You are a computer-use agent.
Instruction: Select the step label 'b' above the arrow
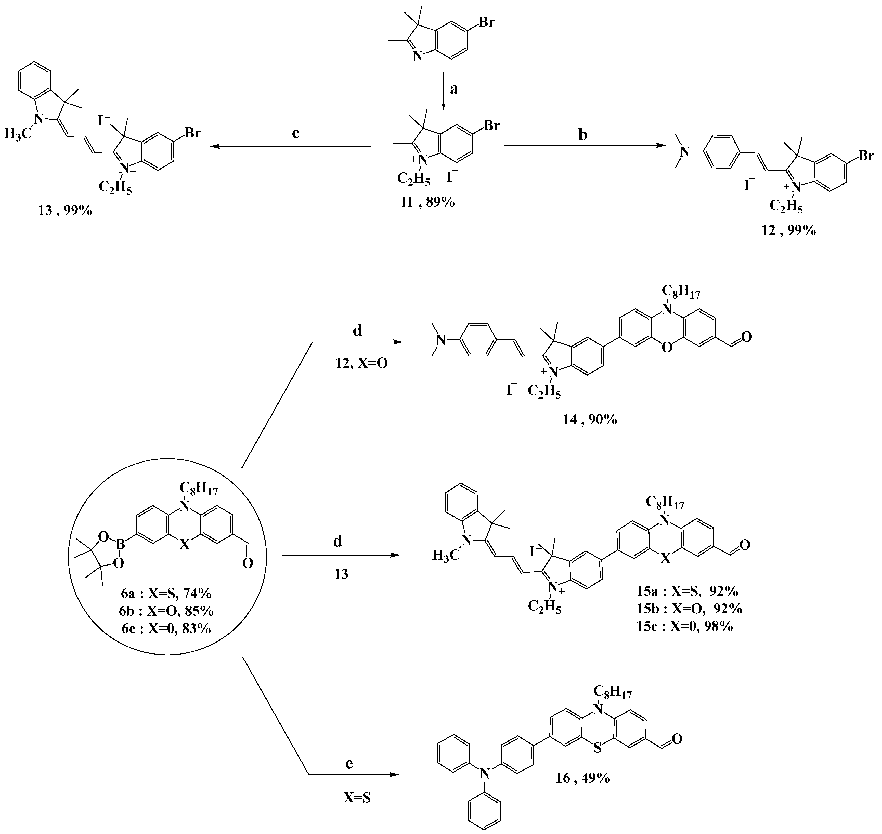[582, 135]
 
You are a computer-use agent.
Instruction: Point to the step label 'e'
[349, 764]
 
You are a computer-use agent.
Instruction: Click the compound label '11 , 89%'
[427, 202]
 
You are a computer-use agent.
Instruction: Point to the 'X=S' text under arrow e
[357, 798]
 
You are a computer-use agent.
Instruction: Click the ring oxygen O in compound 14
[666, 348]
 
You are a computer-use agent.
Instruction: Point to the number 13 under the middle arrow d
[341, 574]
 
